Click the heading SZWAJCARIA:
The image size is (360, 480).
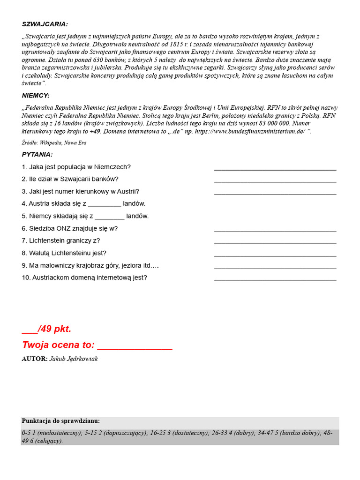click(x=45, y=24)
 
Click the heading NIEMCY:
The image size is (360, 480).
click(x=36, y=95)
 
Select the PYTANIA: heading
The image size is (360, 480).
click(x=37, y=154)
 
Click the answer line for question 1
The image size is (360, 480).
click(x=275, y=169)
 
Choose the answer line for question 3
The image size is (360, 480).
click(x=275, y=193)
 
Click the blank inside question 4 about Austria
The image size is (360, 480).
click(x=105, y=205)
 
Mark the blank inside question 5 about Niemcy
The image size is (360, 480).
click(x=110, y=217)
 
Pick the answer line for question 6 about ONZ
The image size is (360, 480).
click(x=275, y=230)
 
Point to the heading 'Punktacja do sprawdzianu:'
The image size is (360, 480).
click(x=60, y=420)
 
